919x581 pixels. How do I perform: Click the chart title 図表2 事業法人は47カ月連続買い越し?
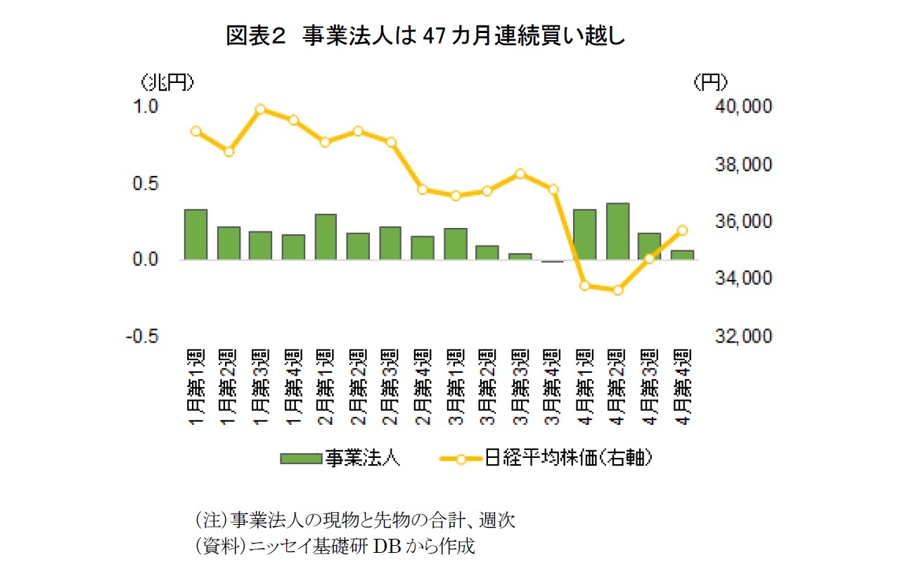point(425,36)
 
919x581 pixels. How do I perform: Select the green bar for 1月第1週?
point(195,235)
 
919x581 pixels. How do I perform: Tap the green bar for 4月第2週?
point(617,231)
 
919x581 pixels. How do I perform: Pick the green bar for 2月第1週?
point(326,237)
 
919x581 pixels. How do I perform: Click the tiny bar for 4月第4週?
point(682,255)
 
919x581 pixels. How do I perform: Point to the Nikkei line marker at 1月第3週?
point(260,109)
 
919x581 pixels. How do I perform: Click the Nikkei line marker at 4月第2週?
point(617,290)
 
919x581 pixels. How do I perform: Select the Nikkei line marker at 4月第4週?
point(682,230)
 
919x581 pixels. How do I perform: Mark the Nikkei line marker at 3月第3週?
point(520,173)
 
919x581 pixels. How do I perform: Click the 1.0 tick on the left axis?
point(149,106)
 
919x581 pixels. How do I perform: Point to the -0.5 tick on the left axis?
point(145,336)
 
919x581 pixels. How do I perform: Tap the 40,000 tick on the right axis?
point(743,106)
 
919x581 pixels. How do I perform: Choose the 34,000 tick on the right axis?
point(743,279)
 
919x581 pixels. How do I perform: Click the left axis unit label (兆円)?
point(167,83)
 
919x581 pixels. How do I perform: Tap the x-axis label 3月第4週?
point(553,385)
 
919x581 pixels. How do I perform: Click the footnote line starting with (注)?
point(354,521)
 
